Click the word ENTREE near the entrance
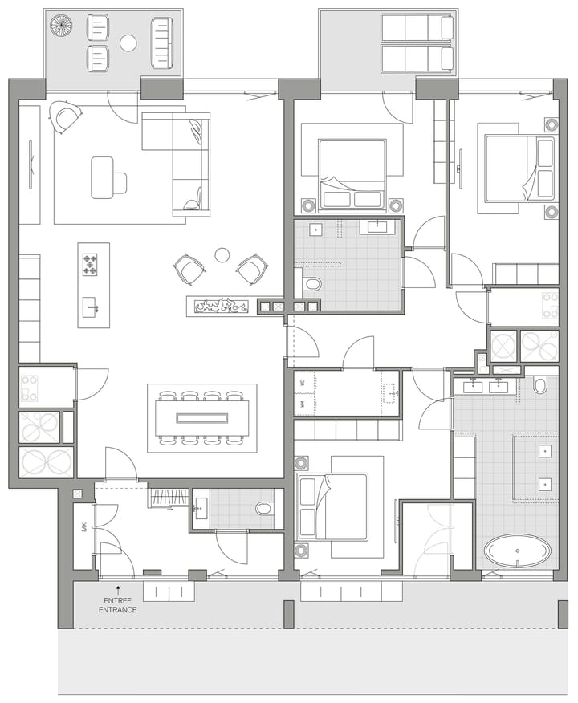[117, 600]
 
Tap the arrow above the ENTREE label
[118, 588]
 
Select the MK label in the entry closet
[83, 528]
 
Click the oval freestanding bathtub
[518, 551]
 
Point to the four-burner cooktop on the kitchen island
[90, 264]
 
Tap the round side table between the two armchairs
[222, 255]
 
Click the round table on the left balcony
[128, 43]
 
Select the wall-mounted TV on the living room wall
[31, 165]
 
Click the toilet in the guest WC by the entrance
[263, 509]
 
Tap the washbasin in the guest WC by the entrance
[200, 506]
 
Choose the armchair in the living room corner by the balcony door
[65, 117]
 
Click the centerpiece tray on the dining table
[202, 417]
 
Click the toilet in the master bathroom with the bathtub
[540, 386]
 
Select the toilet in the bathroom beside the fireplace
[311, 283]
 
